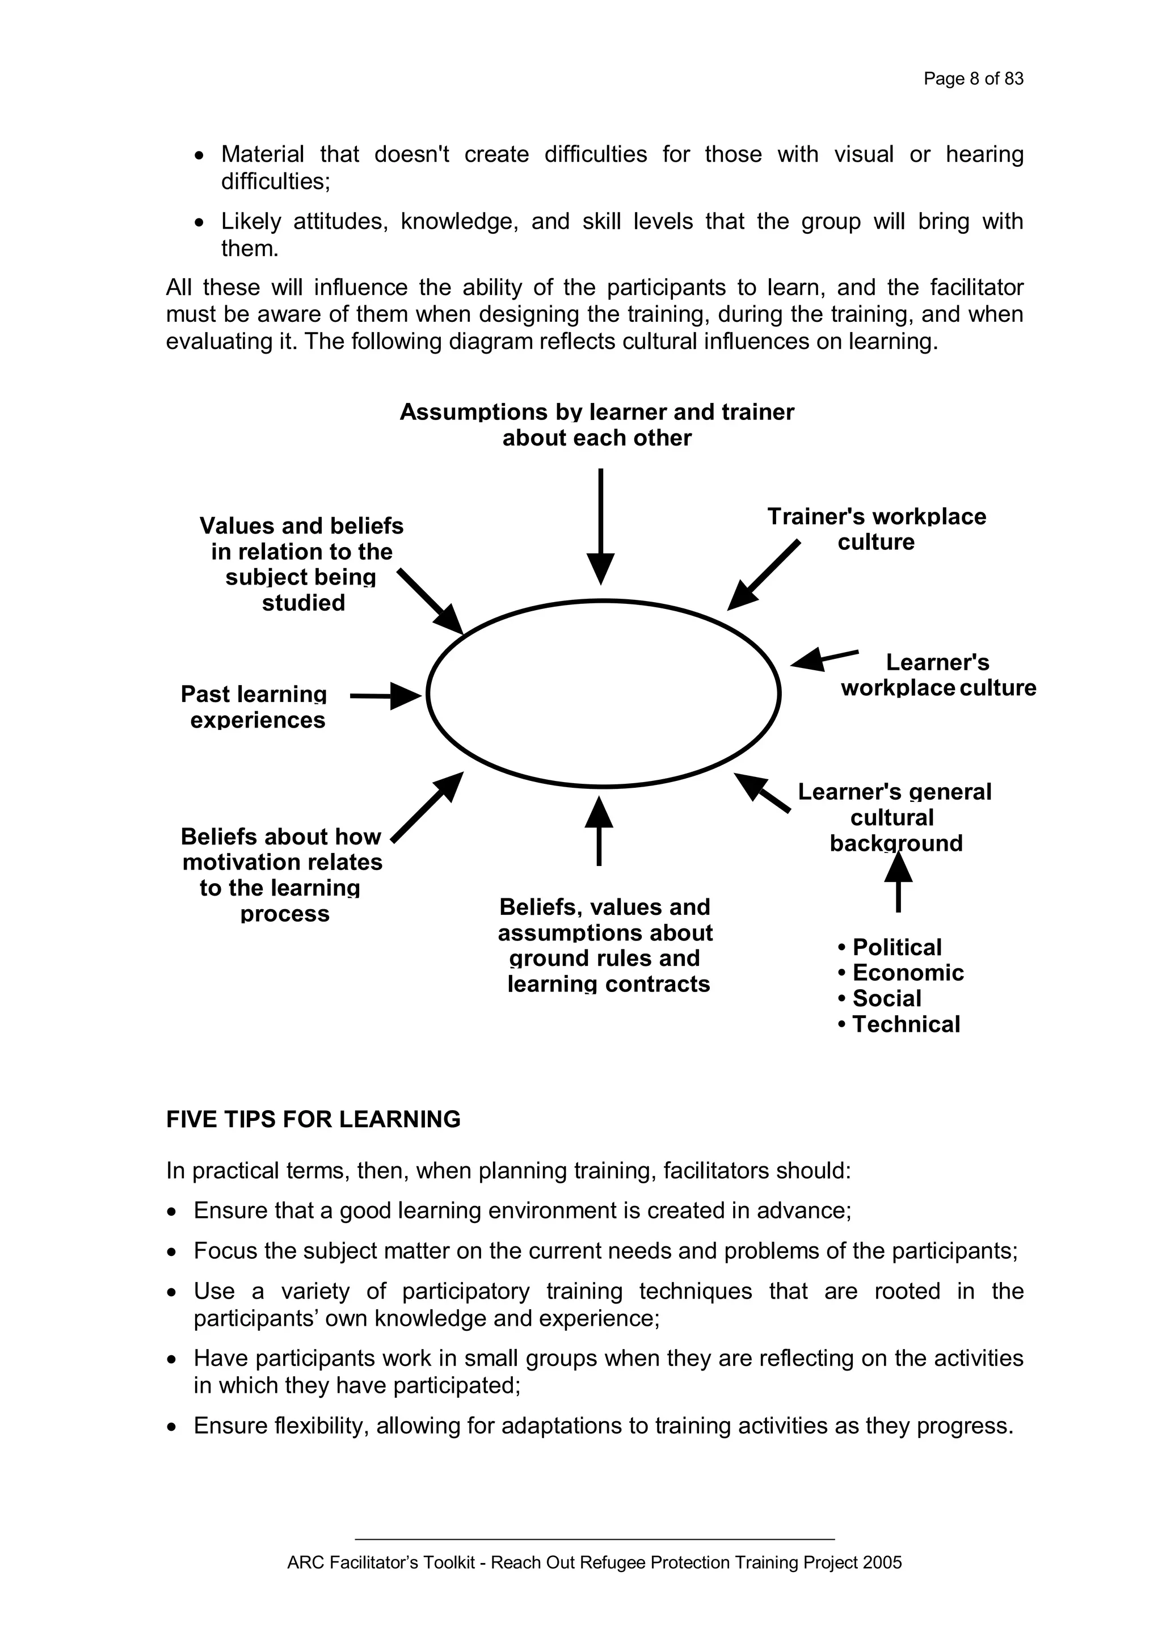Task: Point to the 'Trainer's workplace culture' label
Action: pyautogui.click(x=876, y=529)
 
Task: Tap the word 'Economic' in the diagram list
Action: pyautogui.click(x=907, y=973)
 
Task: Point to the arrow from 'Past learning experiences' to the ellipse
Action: pyautogui.click(x=385, y=696)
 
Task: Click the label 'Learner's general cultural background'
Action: pyautogui.click(x=894, y=817)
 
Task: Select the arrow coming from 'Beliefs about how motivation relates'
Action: pyautogui.click(x=427, y=807)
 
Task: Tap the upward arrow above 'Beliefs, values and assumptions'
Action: pyautogui.click(x=599, y=831)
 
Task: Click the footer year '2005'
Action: pyautogui.click(x=882, y=1562)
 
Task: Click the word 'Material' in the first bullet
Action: pyautogui.click(x=262, y=154)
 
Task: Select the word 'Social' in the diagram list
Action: pyautogui.click(x=886, y=998)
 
